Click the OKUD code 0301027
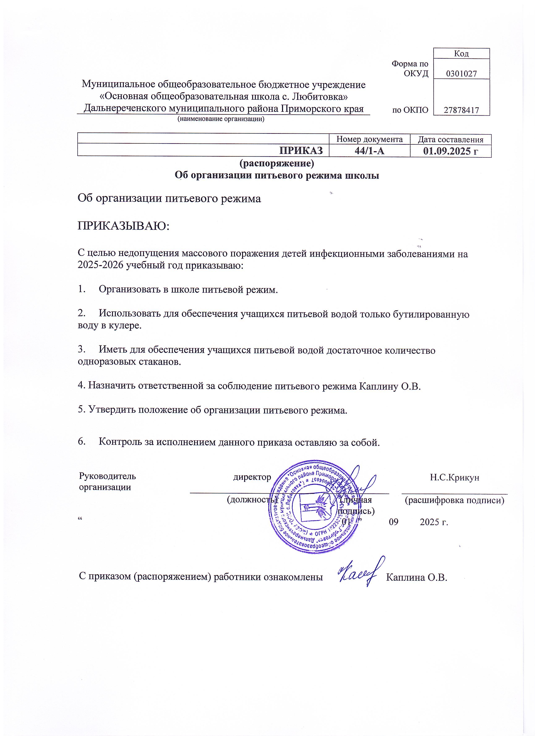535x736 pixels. pyautogui.click(x=461, y=74)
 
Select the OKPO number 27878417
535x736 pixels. pyautogui.click(x=461, y=110)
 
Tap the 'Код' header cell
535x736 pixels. pyautogui.click(x=461, y=53)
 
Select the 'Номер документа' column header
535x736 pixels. pyautogui.click(x=369, y=139)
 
